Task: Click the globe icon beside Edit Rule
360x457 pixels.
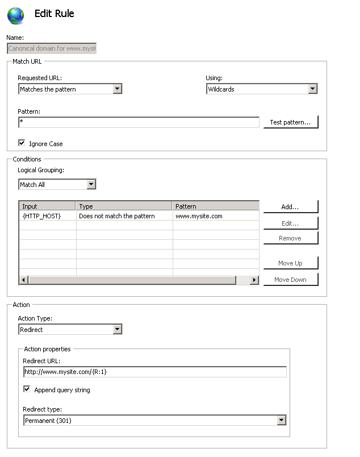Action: tap(16, 15)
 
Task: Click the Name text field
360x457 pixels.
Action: tap(52, 49)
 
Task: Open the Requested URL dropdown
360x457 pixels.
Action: tap(70, 89)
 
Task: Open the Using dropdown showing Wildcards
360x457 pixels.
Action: tap(261, 89)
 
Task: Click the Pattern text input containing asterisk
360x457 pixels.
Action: tap(139, 122)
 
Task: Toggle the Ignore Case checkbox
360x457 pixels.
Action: tap(22, 143)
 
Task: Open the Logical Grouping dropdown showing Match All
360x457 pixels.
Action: tap(57, 184)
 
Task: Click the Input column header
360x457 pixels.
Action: tap(47, 206)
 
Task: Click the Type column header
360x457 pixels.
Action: tap(124, 206)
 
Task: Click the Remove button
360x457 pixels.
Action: tap(290, 238)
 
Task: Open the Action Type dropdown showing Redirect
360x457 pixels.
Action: tap(70, 329)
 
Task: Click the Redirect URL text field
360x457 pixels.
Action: tap(154, 372)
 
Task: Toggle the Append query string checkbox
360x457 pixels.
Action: tap(27, 389)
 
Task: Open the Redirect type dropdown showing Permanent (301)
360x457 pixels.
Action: tap(154, 420)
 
